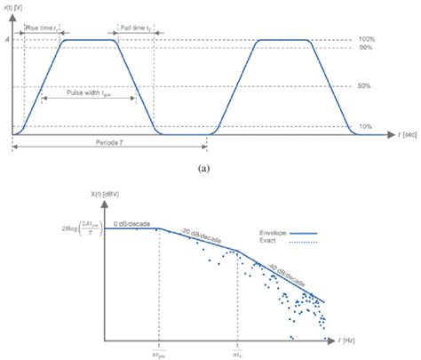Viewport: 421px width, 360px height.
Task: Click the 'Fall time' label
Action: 134,28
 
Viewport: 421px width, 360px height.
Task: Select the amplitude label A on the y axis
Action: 8,40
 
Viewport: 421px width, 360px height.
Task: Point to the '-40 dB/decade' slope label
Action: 285,272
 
